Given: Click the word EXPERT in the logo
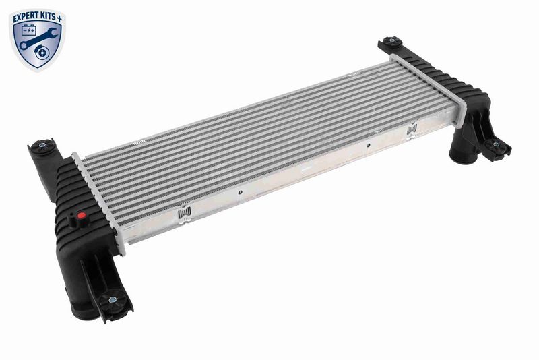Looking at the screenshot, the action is (x=25, y=18).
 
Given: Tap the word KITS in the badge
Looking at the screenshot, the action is (x=46, y=16).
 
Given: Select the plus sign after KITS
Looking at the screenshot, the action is (x=59, y=18).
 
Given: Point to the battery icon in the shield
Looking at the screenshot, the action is (x=29, y=30).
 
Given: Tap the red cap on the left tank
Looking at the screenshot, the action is (x=82, y=216).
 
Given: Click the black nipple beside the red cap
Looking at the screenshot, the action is (x=73, y=220).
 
